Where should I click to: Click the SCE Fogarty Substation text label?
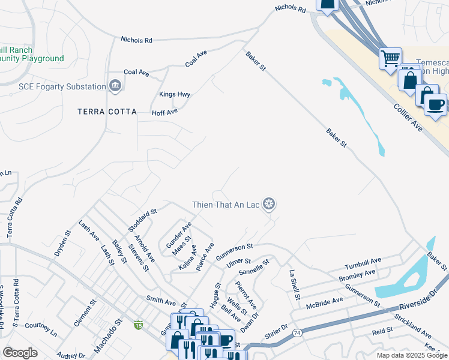pyautogui.click(x=62, y=86)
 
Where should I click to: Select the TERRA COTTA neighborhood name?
pyautogui.click(x=107, y=112)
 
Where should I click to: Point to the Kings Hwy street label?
pyautogui.click(x=175, y=94)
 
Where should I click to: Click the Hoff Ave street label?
pyautogui.click(x=164, y=112)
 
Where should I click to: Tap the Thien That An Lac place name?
pyautogui.click(x=226, y=205)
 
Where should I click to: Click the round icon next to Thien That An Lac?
pyautogui.click(x=270, y=205)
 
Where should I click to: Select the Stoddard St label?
pyautogui.click(x=142, y=220)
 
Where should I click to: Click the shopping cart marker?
pyautogui.click(x=391, y=58)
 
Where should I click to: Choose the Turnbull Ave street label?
pyautogui.click(x=363, y=264)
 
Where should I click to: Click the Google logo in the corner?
pyautogui.click(x=20, y=352)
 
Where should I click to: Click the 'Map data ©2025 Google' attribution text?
pyautogui.click(x=411, y=355)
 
